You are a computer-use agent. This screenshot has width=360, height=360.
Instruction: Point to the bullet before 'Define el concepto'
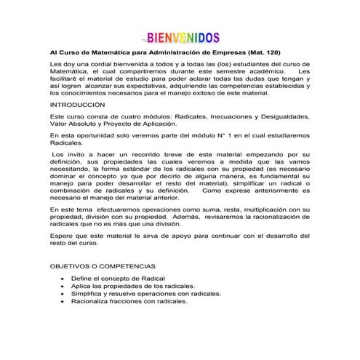pyautogui.click(x=63, y=279)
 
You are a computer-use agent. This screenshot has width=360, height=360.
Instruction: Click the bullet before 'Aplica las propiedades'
pyautogui.click(x=63, y=286)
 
